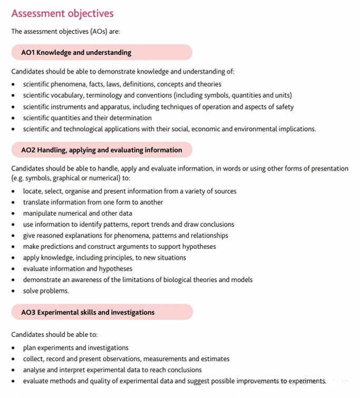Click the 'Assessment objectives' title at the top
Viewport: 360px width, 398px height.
tap(62, 13)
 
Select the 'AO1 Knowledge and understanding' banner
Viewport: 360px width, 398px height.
tap(76, 52)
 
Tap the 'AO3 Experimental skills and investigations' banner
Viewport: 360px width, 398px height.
tap(88, 312)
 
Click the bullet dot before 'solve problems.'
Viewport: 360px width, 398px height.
tap(14, 290)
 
